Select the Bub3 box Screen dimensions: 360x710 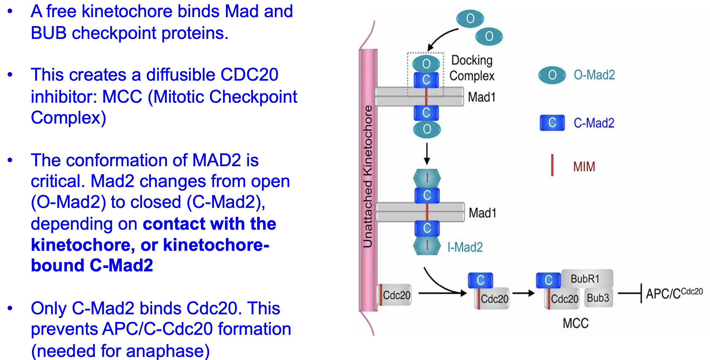(x=598, y=298)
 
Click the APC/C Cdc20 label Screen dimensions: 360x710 (x=674, y=293)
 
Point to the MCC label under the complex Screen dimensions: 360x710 (x=575, y=323)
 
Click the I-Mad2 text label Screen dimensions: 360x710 (x=465, y=247)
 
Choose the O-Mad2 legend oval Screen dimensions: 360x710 (x=552, y=75)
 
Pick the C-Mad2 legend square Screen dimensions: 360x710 (x=552, y=123)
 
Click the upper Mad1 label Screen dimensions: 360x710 (x=481, y=97)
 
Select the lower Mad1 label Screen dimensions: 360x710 (x=482, y=213)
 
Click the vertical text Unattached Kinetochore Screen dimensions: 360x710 (x=368, y=176)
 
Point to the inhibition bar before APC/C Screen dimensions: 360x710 (x=641, y=293)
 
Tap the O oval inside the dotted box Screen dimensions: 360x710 (x=426, y=63)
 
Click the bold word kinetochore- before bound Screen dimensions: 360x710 (x=216, y=245)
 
